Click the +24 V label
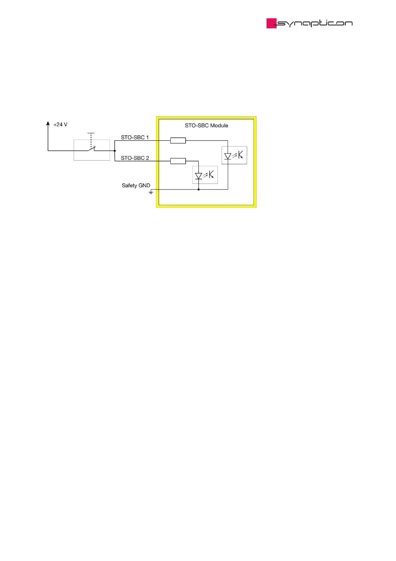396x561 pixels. click(x=60, y=125)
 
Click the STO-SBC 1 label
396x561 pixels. click(x=134, y=137)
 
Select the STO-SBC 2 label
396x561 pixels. click(x=135, y=158)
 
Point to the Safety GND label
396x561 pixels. click(x=136, y=185)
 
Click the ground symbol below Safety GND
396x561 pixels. click(x=151, y=192)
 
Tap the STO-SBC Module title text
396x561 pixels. click(x=206, y=126)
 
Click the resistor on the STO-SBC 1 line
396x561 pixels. click(x=178, y=141)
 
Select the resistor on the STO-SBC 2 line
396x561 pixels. click(x=178, y=161)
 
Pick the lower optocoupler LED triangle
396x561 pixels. click(x=199, y=176)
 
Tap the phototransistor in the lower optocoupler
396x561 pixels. click(x=211, y=174)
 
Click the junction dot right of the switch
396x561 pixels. click(x=115, y=151)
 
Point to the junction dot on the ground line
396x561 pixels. click(x=199, y=190)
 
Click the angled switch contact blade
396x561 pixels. click(x=92, y=149)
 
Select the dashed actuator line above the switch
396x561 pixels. click(x=91, y=140)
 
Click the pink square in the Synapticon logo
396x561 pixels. click(x=271, y=23)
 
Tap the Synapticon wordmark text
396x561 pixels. click(x=315, y=23)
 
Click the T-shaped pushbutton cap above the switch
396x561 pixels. click(x=91, y=133)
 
